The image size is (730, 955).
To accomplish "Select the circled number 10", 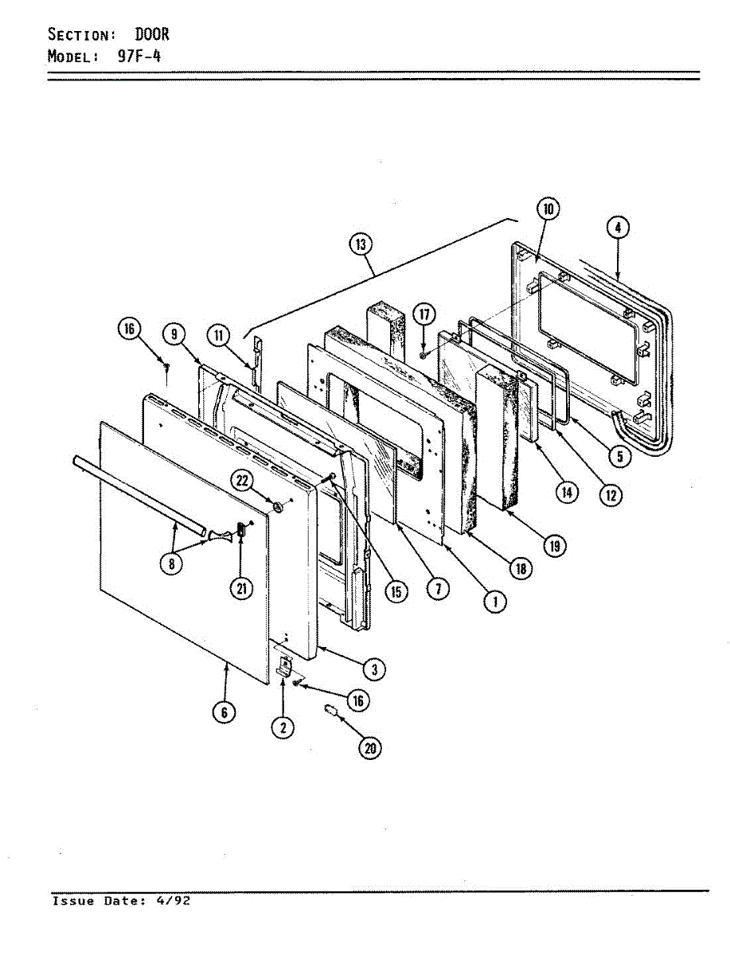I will (x=548, y=210).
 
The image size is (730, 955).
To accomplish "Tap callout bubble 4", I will (x=618, y=228).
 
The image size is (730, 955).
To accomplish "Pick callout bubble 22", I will (x=243, y=479).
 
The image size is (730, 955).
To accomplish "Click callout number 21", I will (x=241, y=588).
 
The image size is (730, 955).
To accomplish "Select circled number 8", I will (x=170, y=563).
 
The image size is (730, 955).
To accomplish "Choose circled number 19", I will (x=554, y=545).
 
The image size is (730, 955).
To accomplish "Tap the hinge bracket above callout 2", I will (x=284, y=665).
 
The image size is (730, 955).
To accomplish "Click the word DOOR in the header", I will (x=151, y=35).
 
